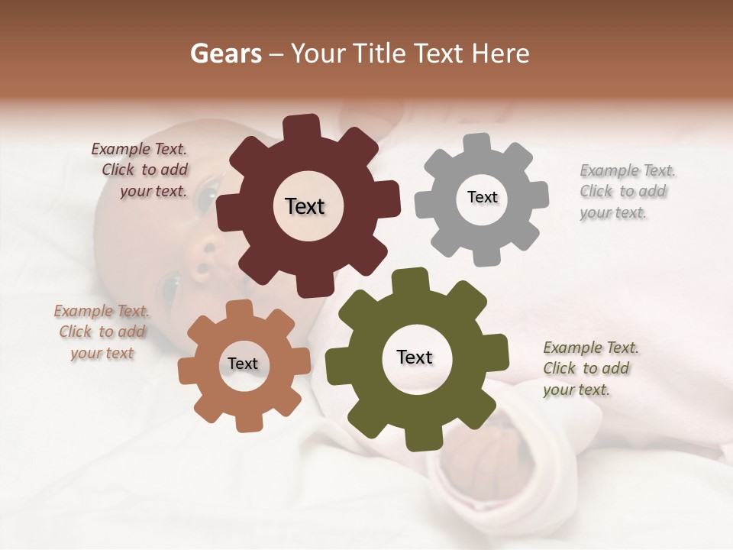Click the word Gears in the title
[225, 53]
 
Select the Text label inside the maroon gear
[305, 206]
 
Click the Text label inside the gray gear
[482, 197]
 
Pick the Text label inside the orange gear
[243, 364]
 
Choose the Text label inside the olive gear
[415, 357]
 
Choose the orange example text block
[101, 332]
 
